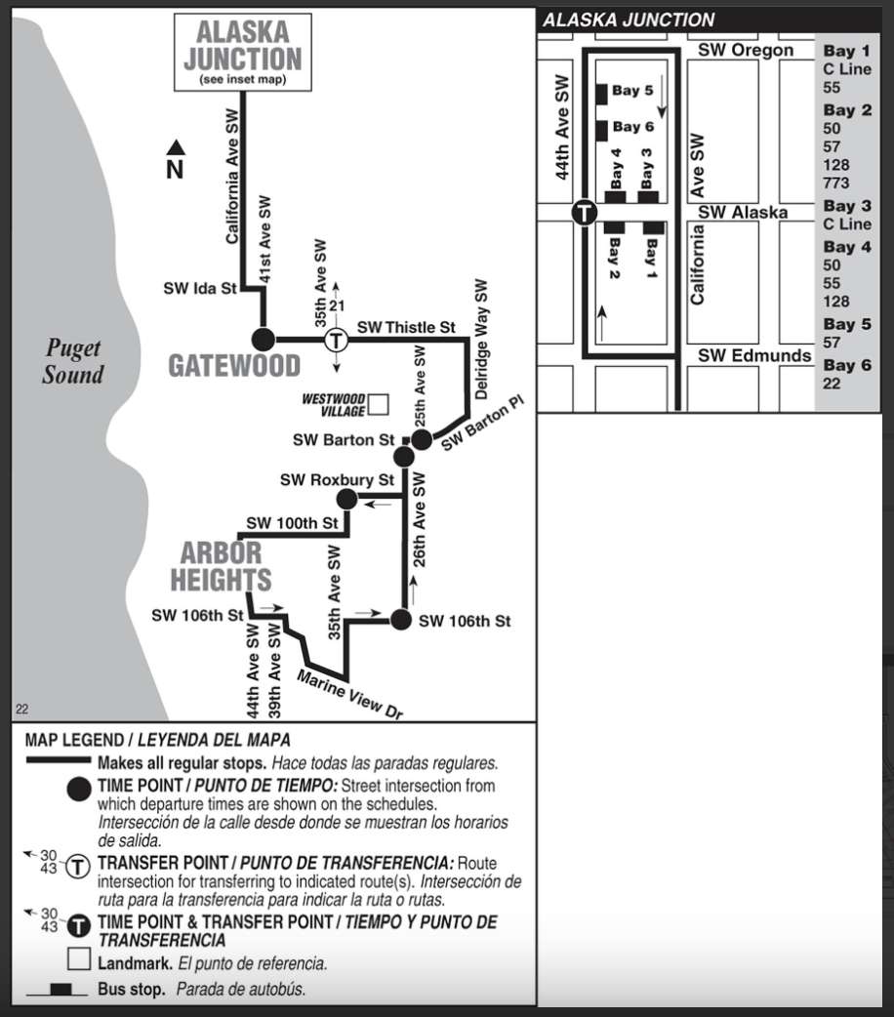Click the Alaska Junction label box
tap(243, 53)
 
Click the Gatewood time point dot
tap(263, 340)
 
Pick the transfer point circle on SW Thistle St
tap(336, 341)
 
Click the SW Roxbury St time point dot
tap(346, 500)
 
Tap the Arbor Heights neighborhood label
tap(221, 565)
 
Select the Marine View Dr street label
tap(350, 696)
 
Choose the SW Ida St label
tap(201, 289)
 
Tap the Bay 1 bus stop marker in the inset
tap(653, 228)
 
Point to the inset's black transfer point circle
tap(584, 212)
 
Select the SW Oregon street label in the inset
tap(747, 51)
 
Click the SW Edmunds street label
tap(754, 355)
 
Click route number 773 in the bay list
tap(836, 183)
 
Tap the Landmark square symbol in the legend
tap(79, 961)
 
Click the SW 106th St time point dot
tap(401, 620)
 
